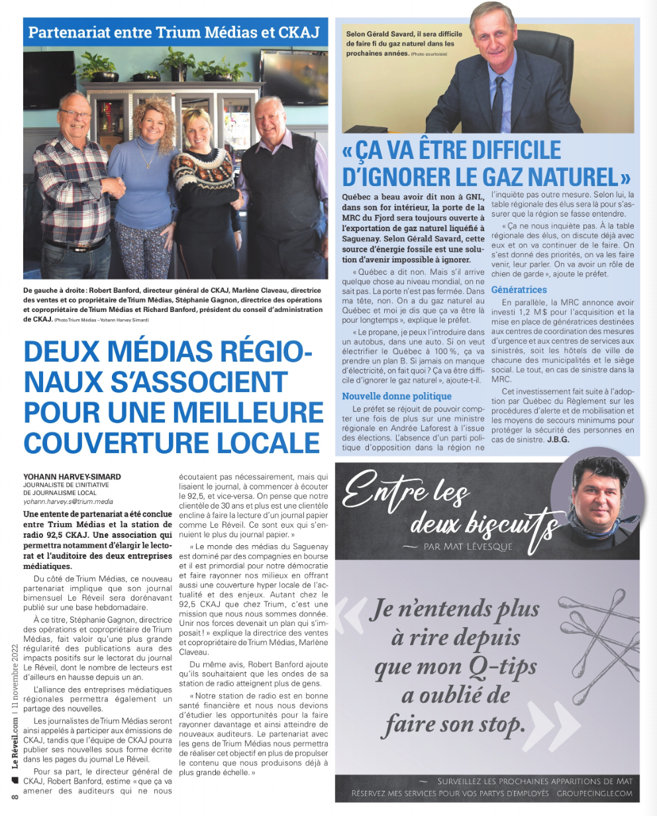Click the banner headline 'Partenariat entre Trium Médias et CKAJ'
[x=174, y=32]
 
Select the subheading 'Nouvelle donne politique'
[x=397, y=396]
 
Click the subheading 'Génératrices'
[x=519, y=289]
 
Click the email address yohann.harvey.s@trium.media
[x=68, y=502]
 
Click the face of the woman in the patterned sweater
[x=197, y=130]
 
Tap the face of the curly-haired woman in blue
[x=151, y=123]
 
